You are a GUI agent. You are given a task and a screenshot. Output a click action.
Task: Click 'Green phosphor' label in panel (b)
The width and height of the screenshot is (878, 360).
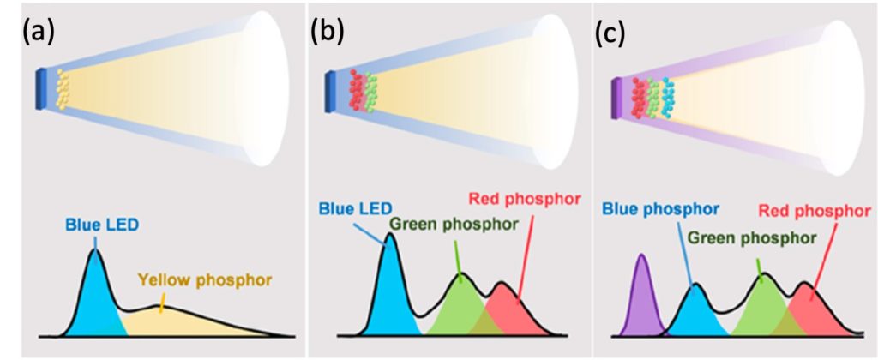[x=453, y=225]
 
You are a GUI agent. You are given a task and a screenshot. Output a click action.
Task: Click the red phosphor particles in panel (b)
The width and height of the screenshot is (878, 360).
[x=356, y=90]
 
